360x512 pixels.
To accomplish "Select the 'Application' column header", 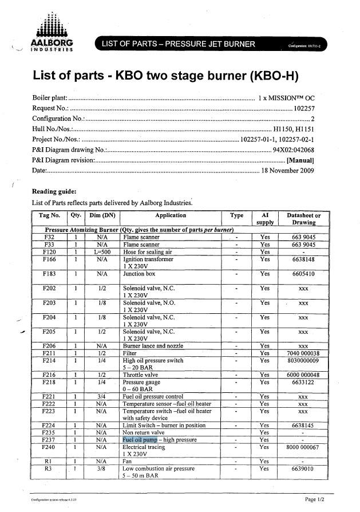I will click(171, 215).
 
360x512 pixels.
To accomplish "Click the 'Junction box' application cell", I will click(140, 274).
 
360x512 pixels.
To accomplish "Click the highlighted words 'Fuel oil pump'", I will click(140, 439).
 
